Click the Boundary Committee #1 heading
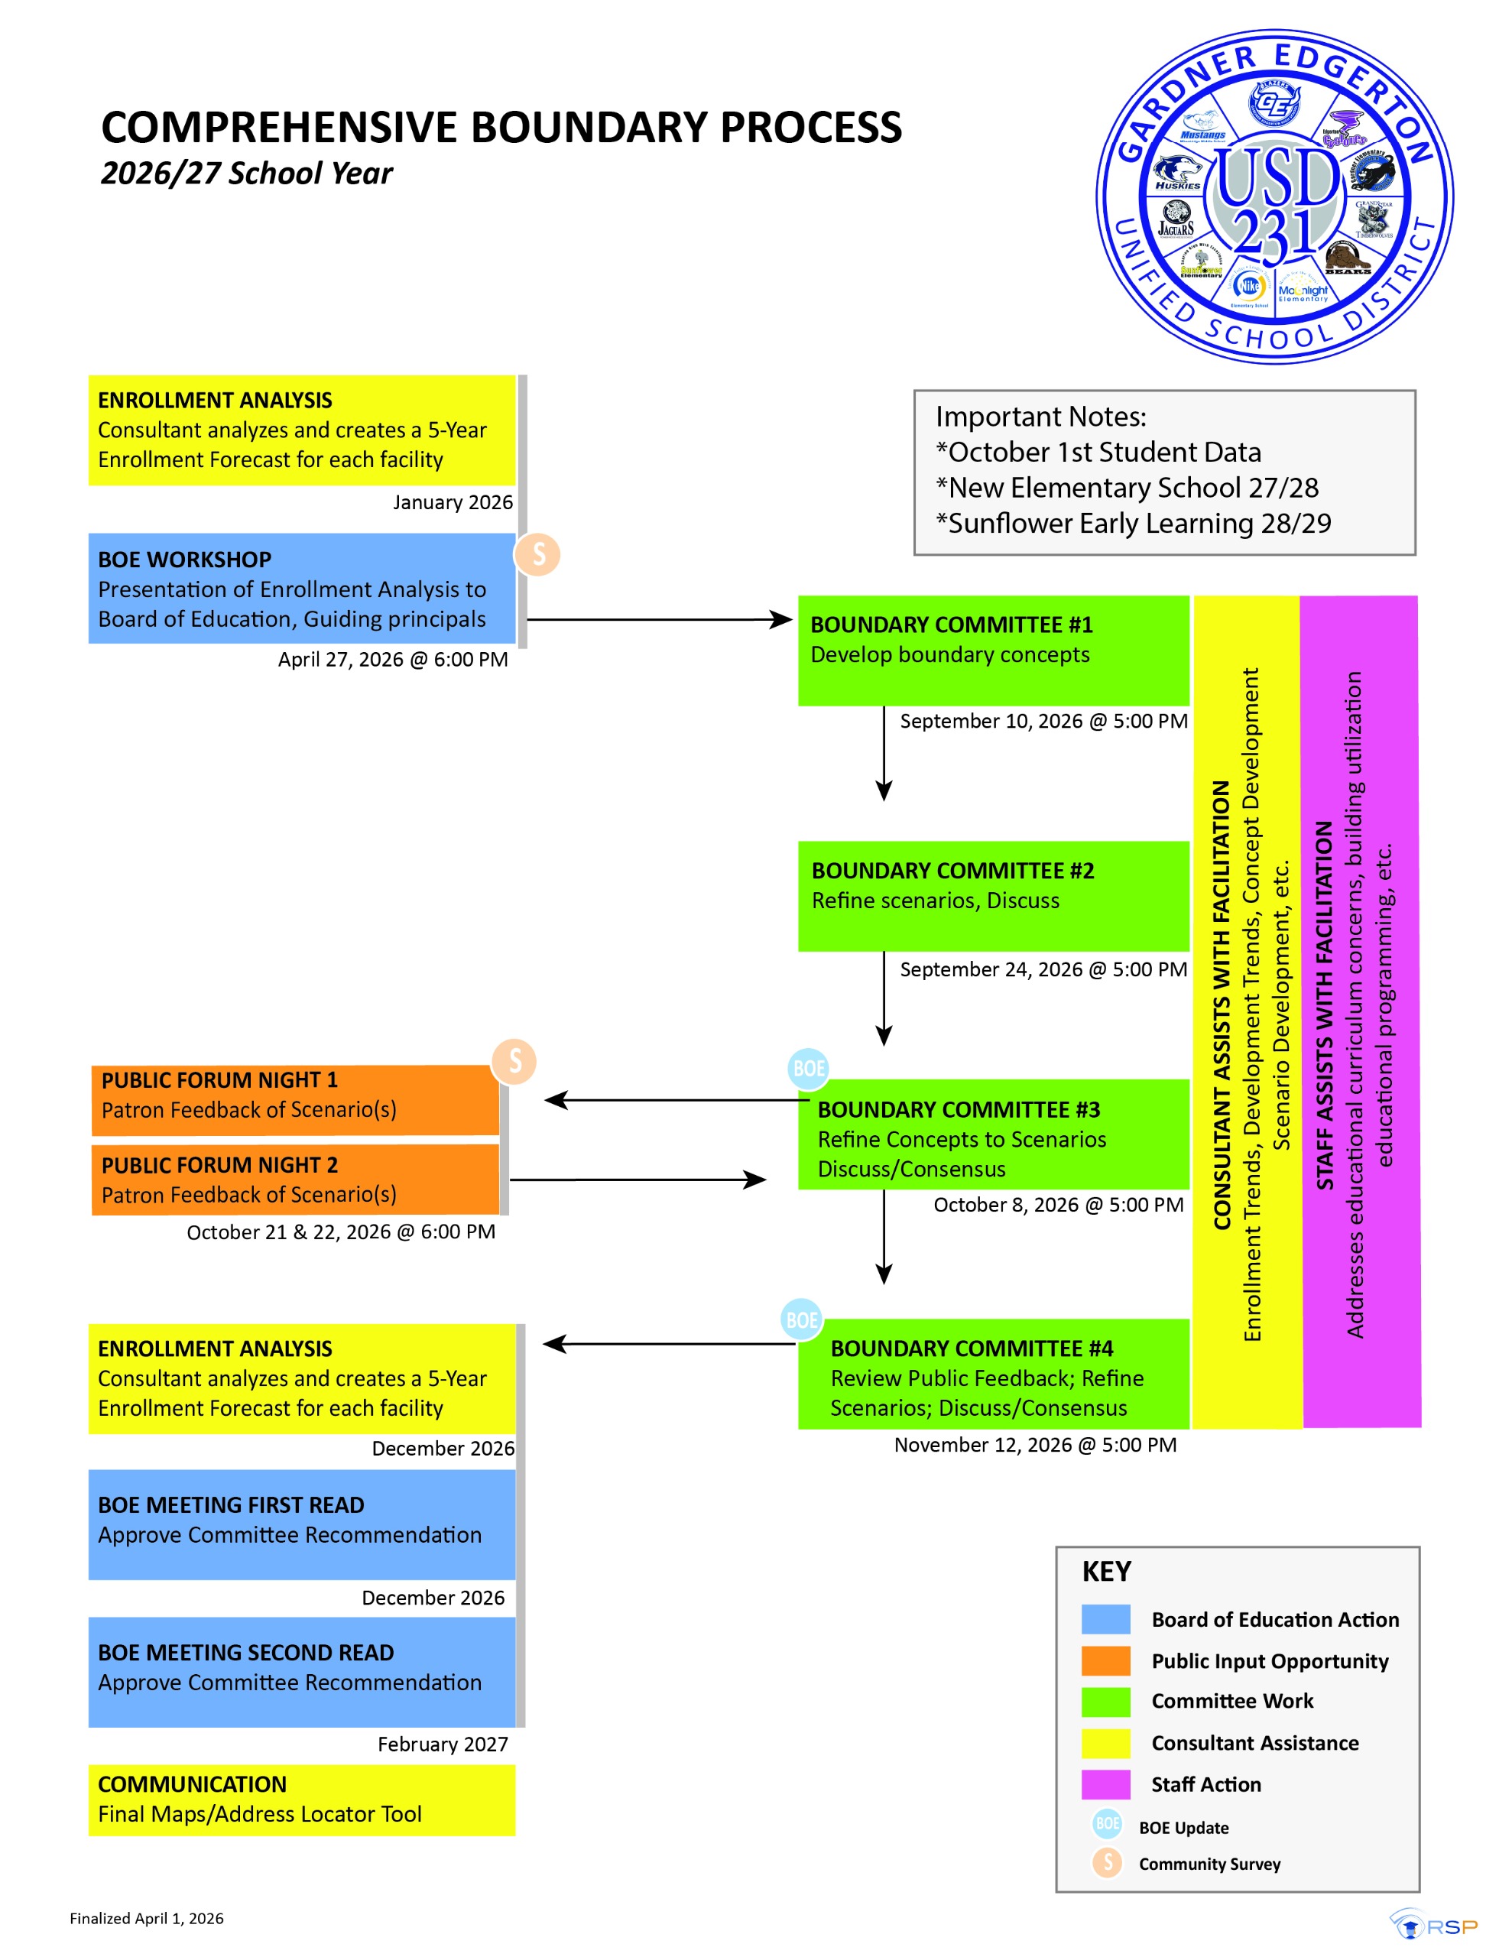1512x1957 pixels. (951, 625)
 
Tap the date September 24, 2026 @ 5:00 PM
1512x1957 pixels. (1043, 969)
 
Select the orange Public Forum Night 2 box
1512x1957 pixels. (295, 1180)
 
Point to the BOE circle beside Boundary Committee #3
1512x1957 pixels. (807, 1068)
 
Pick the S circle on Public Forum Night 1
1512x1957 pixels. (514, 1061)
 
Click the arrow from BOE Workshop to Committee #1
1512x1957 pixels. (659, 619)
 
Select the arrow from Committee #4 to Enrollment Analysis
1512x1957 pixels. (668, 1344)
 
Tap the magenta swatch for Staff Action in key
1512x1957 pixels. (1105, 1784)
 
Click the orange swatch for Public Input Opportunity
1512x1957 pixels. (1105, 1660)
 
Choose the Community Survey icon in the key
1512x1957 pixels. (1108, 1863)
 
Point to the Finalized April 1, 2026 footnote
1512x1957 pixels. (147, 1919)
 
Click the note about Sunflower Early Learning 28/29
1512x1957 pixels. (1133, 524)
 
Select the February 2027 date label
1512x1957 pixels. (442, 1744)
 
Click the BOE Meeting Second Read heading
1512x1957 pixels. (245, 1652)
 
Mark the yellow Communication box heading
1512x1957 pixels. (192, 1784)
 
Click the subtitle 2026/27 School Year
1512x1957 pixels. (246, 173)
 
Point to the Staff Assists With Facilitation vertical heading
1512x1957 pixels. (1323, 1004)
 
